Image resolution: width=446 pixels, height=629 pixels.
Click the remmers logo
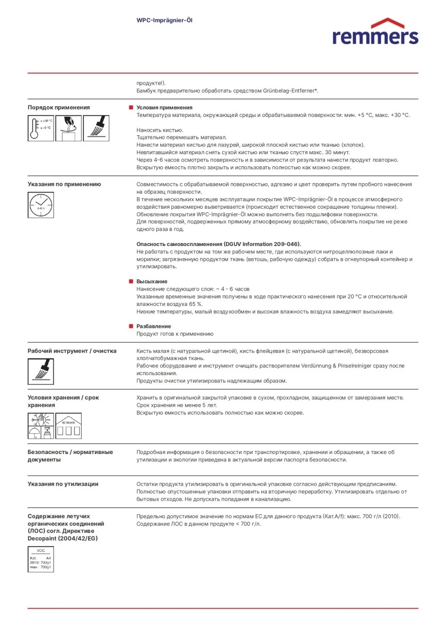[x=375, y=32]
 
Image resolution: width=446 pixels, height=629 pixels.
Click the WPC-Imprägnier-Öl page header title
[x=164, y=20]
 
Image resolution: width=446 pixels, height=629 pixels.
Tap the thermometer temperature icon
[x=41, y=128]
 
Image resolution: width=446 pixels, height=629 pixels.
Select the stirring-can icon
[x=69, y=128]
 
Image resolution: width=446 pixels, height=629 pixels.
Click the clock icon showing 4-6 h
[x=41, y=205]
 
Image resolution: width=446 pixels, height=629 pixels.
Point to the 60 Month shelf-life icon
[x=69, y=426]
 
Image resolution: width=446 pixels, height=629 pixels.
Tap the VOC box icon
[x=41, y=559]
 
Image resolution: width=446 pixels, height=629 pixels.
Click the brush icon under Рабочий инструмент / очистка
[x=41, y=372]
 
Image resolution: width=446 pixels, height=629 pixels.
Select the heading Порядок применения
[x=59, y=107]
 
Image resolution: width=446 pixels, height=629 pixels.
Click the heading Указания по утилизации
[x=63, y=484]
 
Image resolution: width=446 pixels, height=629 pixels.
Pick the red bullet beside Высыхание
[x=131, y=281]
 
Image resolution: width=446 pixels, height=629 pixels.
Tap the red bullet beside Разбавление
[x=131, y=326]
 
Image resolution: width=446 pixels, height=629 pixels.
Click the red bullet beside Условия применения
[x=131, y=107]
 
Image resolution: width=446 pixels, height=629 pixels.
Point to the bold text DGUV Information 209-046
[x=262, y=244]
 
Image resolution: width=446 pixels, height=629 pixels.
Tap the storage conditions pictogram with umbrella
[x=41, y=426]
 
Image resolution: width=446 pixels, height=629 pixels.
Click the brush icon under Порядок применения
[x=96, y=128]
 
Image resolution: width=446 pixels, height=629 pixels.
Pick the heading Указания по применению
[x=64, y=184]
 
